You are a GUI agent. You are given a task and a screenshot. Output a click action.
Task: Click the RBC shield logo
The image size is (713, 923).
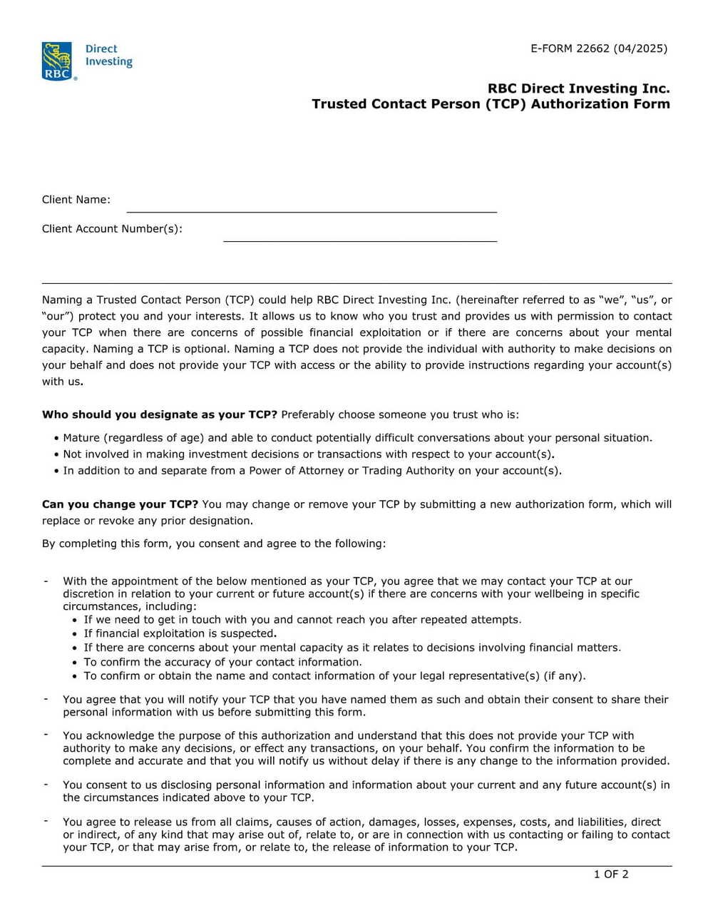tap(57, 61)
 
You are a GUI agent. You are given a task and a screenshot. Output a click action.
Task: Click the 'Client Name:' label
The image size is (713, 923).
tap(76, 200)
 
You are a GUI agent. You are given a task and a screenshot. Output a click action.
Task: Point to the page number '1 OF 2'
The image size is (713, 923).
tap(611, 874)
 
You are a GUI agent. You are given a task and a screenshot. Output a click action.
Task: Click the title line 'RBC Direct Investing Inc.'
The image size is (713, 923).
tap(578, 88)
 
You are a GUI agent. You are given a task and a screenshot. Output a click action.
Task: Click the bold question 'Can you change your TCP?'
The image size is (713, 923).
tap(120, 504)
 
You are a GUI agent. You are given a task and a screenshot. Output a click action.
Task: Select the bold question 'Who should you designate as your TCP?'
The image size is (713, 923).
tap(159, 414)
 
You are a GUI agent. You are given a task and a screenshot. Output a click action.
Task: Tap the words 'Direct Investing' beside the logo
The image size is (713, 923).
tap(108, 55)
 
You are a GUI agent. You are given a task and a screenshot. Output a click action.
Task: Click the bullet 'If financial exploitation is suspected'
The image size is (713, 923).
tap(180, 633)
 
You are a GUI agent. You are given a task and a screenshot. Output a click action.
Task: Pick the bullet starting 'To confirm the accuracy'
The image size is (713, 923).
tap(222, 662)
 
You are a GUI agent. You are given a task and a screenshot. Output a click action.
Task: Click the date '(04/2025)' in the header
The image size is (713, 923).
tap(640, 49)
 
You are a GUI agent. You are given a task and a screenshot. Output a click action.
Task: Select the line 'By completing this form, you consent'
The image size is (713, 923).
tap(214, 544)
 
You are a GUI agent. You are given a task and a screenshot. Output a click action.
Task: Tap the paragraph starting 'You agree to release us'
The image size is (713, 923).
tap(366, 835)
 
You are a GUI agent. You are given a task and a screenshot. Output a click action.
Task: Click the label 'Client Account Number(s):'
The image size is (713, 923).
tap(112, 229)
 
